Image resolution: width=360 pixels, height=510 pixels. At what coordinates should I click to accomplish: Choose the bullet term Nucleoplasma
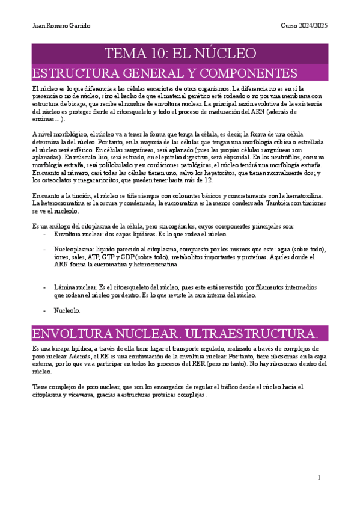coord(73,249)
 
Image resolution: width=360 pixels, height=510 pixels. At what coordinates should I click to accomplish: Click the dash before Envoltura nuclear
coord(45,233)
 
